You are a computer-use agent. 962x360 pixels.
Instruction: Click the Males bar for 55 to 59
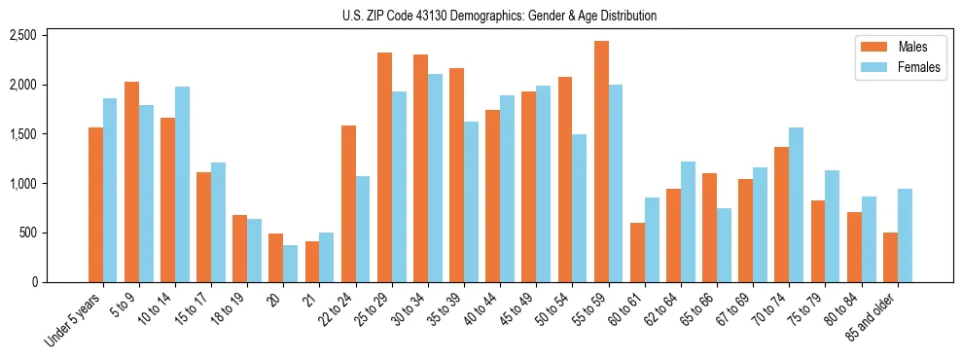601,162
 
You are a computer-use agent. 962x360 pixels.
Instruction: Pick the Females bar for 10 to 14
182,184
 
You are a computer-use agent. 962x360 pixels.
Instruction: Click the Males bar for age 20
276,258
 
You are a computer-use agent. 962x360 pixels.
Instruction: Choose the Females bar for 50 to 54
580,208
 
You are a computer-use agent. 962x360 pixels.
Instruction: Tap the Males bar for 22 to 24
348,203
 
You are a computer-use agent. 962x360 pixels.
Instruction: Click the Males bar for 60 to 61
637,252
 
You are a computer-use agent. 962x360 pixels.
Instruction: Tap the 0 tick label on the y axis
60,282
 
